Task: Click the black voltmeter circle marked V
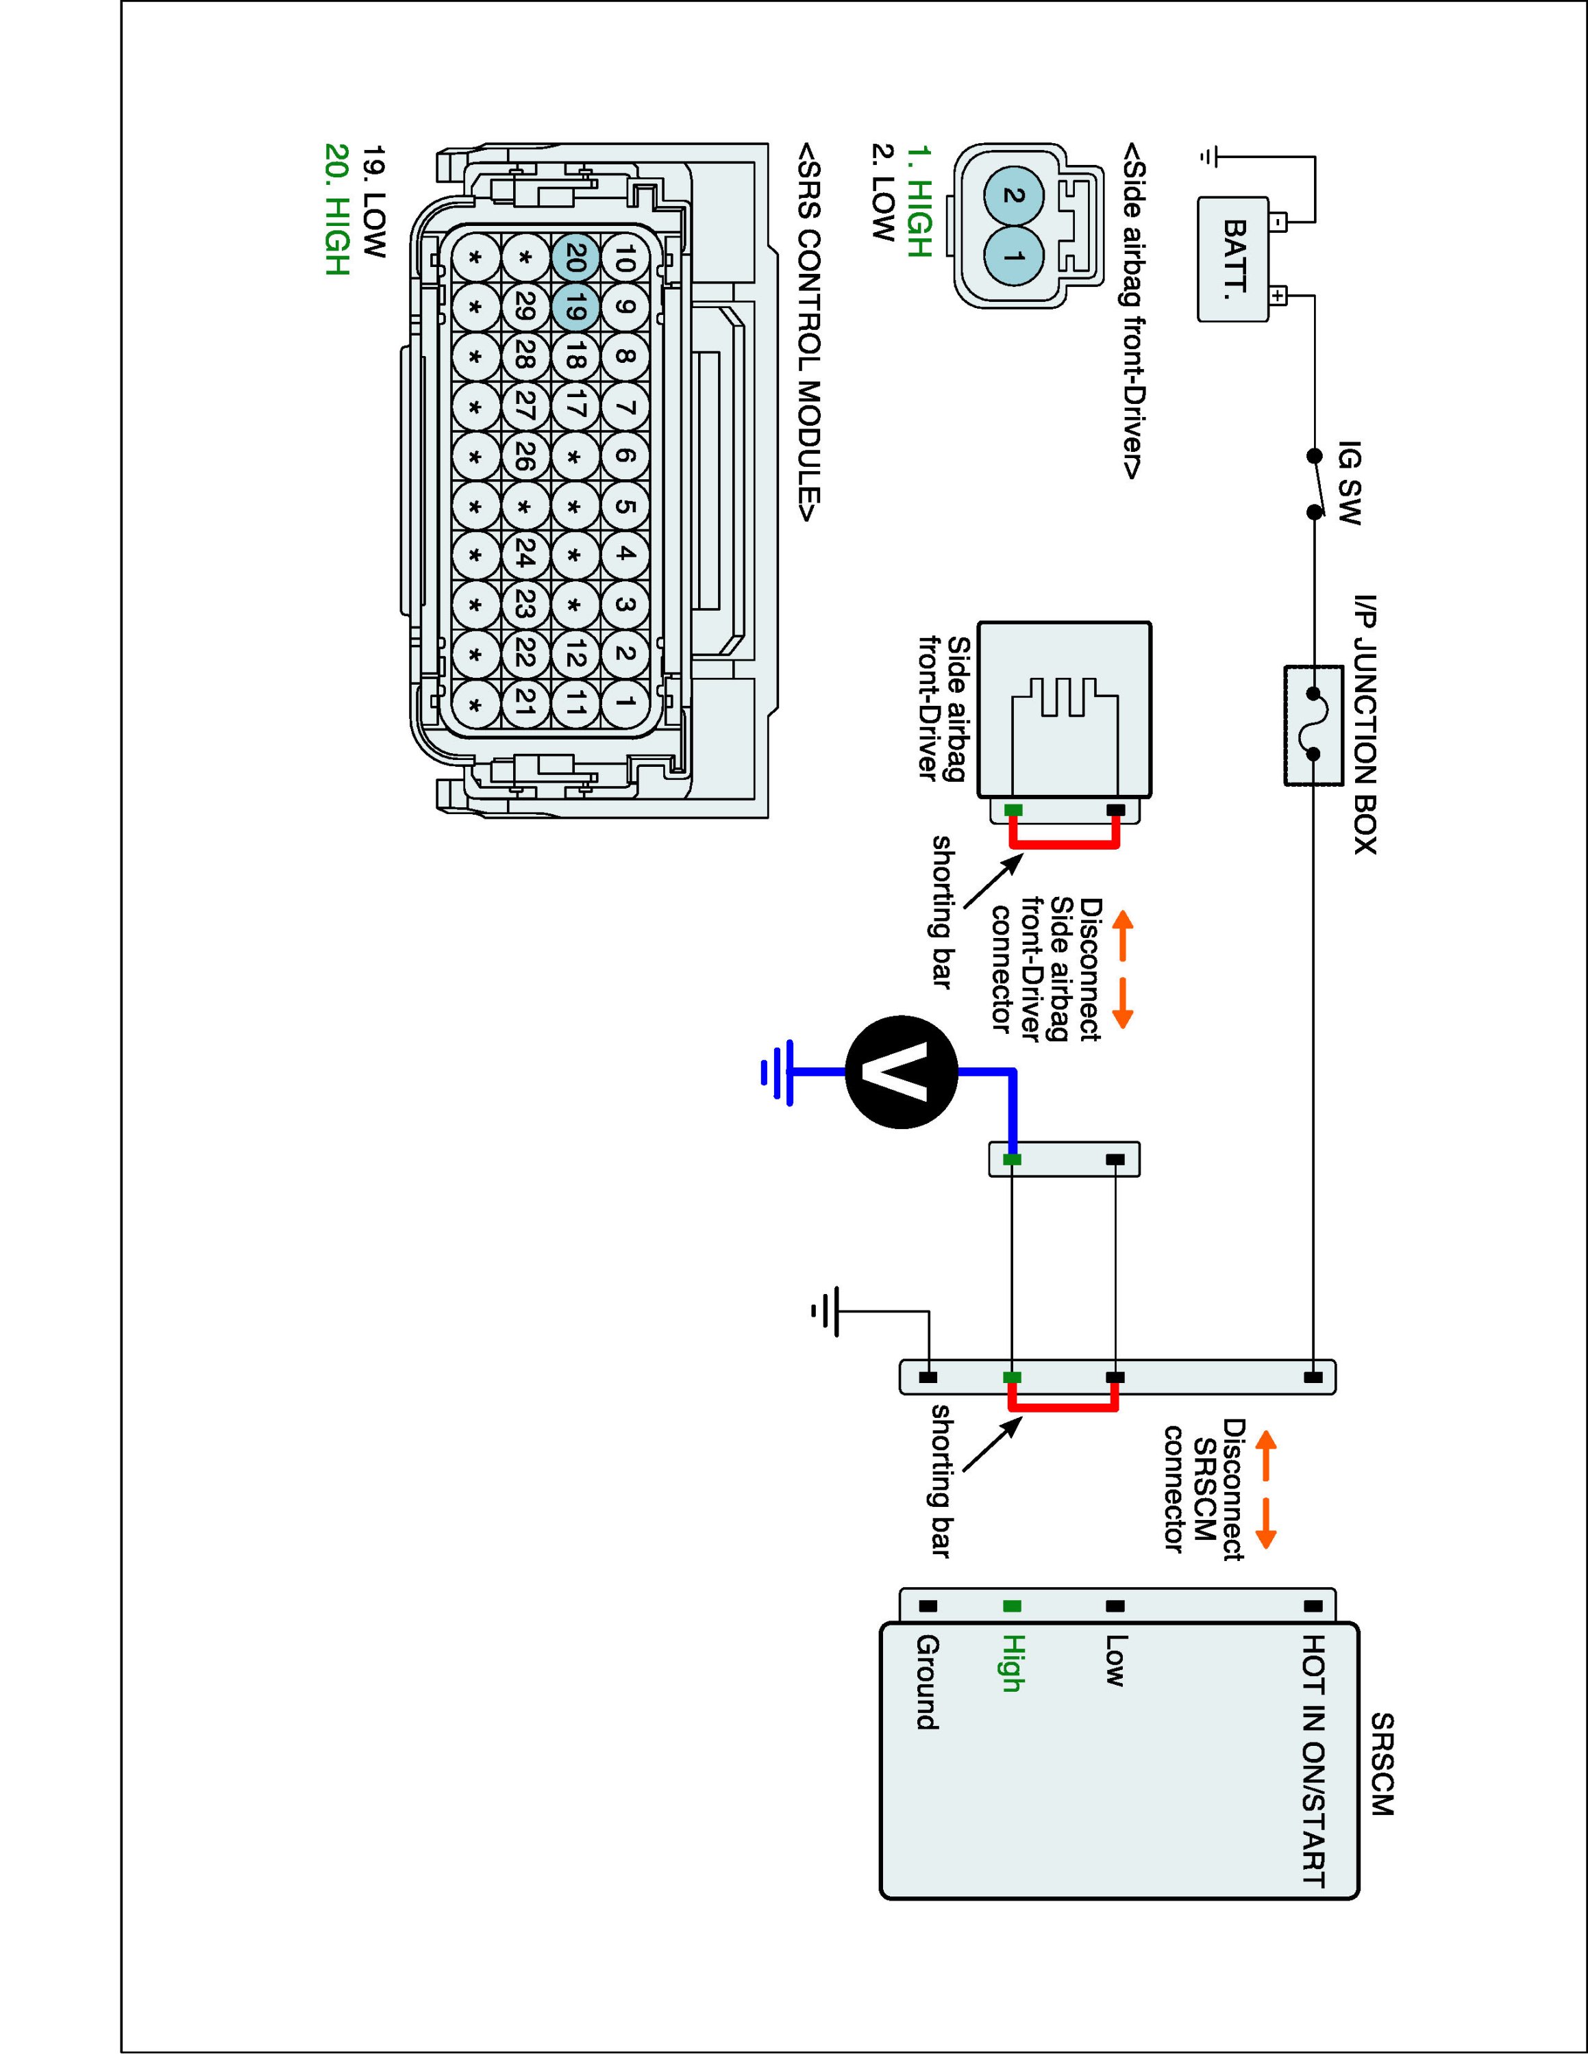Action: (x=902, y=1072)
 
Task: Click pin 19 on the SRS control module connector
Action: (x=575, y=307)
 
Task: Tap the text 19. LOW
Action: (x=375, y=201)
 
